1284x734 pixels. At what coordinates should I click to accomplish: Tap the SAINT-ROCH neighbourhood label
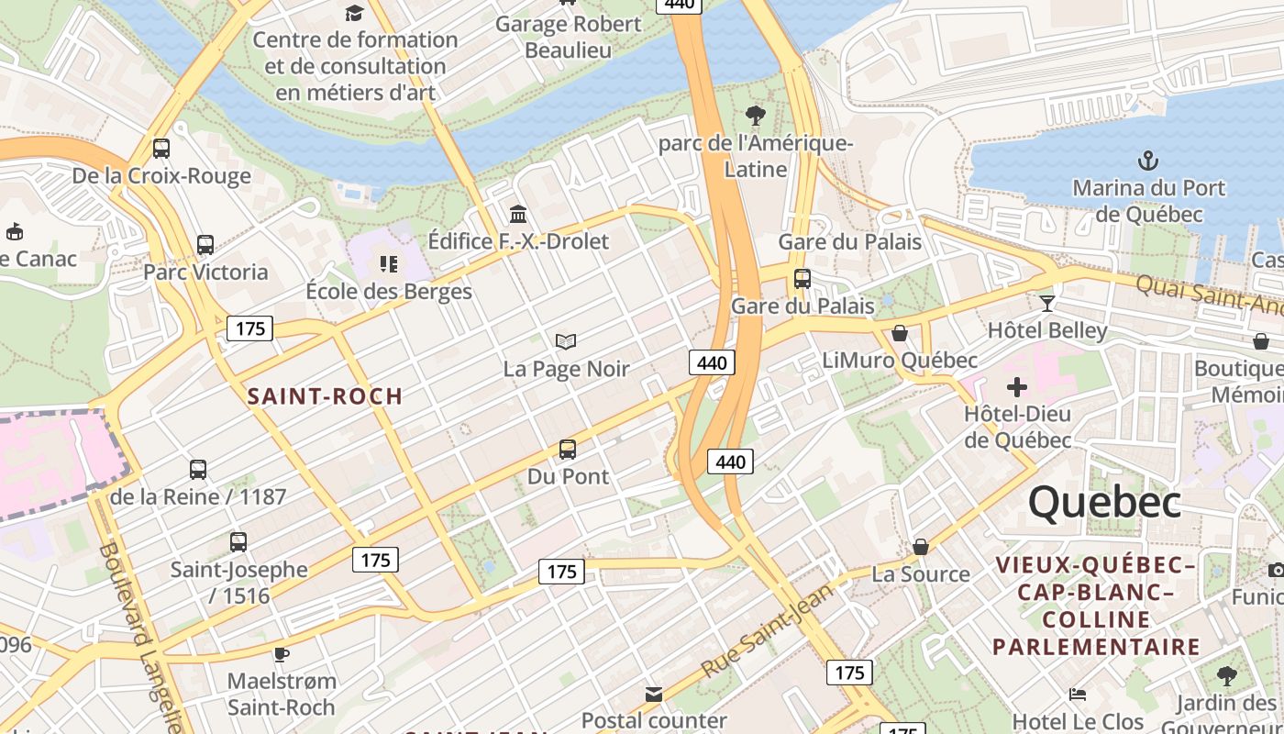(325, 396)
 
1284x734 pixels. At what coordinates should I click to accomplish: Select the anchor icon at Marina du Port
(1147, 161)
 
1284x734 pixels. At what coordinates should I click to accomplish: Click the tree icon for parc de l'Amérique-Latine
(756, 116)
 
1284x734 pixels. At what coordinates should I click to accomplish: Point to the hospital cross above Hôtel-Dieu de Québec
(1016, 387)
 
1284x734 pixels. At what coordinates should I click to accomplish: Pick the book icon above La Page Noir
(566, 342)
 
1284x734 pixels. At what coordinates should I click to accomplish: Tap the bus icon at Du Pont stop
(568, 450)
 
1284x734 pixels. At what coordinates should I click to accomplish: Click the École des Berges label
(389, 291)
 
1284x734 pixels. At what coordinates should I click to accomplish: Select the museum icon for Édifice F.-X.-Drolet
(518, 214)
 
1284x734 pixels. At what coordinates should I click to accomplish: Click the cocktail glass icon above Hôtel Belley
(1047, 303)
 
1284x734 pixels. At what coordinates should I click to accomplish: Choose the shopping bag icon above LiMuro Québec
(900, 333)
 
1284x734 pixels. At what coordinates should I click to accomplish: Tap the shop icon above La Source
(921, 547)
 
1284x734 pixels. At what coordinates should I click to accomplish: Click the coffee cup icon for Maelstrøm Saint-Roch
(282, 654)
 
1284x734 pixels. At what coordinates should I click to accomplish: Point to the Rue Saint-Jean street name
(767, 631)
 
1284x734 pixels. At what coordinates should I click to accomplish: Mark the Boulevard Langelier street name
(140, 633)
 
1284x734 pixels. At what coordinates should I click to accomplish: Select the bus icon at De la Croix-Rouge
(161, 149)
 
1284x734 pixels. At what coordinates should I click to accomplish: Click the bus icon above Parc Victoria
(205, 245)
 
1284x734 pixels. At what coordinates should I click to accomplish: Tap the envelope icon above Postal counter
(654, 695)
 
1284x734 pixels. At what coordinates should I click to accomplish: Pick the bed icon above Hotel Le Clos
(1078, 695)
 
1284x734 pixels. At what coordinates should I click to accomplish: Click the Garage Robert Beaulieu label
(568, 37)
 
